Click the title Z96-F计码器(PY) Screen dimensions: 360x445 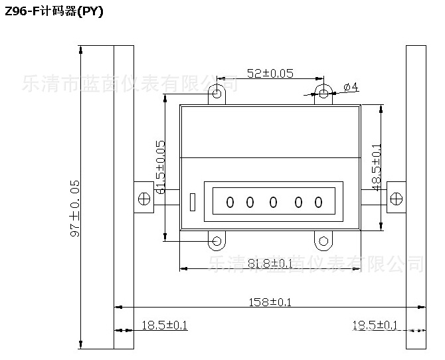coord(54,11)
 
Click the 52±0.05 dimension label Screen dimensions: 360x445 coord(270,74)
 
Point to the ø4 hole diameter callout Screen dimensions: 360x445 coord(351,88)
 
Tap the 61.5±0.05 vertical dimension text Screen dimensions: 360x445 coord(160,167)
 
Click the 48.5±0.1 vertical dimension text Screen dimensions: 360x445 coord(377,167)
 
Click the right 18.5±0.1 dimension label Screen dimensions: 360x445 coord(375,325)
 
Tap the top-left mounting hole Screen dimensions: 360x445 coord(217,94)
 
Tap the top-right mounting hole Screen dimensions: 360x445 coord(323,94)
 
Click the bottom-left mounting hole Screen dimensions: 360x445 coord(217,240)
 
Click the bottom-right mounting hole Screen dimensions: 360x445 coord(323,240)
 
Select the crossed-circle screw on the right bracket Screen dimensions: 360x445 coord(396,199)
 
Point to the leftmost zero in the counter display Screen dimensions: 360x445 coord(230,202)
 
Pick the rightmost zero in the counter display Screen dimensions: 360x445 coord(318,202)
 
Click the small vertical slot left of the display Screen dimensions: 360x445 coord(193,201)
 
